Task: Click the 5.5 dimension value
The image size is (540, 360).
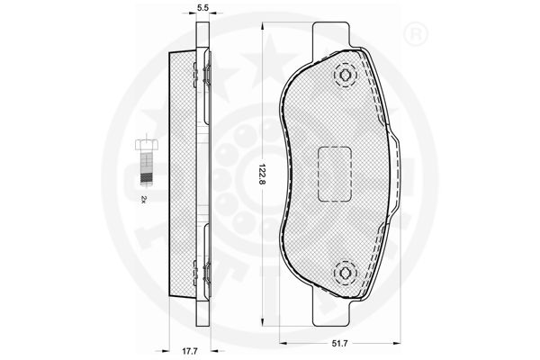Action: (x=203, y=7)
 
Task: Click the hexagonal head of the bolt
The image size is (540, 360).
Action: (x=147, y=144)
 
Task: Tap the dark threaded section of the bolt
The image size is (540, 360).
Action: (x=147, y=178)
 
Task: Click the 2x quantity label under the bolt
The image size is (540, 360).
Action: (x=144, y=200)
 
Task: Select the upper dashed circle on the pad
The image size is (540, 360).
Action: (x=345, y=75)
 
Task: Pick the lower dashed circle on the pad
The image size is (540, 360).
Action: (x=345, y=274)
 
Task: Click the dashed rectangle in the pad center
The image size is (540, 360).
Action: (x=335, y=174)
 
